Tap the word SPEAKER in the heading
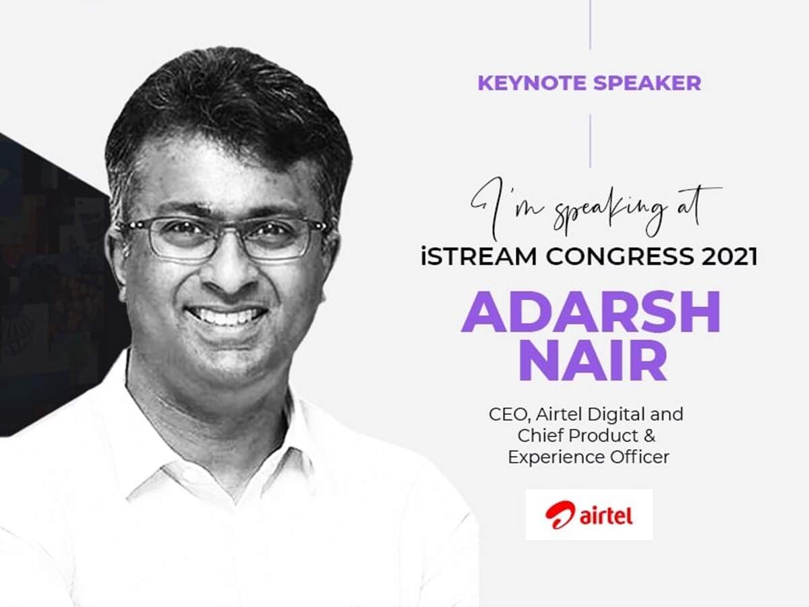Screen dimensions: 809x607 tap(647, 83)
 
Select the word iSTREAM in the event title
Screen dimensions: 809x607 tap(479, 256)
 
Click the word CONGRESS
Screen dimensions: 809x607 tap(620, 256)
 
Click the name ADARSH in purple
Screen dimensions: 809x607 tap(591, 312)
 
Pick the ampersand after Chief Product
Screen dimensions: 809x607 tap(649, 436)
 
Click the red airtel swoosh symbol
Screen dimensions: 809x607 tap(560, 515)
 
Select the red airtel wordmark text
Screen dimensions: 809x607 tap(606, 516)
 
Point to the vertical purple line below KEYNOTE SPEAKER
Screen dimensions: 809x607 tap(590, 141)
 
